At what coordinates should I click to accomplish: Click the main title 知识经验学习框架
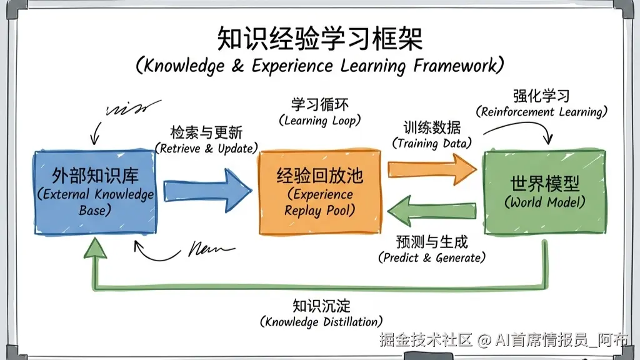point(319,39)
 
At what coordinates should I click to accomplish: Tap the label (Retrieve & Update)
point(206,149)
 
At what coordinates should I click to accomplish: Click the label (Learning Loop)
point(319,121)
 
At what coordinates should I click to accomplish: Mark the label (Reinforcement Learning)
point(541,112)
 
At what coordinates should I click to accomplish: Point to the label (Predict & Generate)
point(432,257)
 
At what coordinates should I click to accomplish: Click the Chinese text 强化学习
point(541,97)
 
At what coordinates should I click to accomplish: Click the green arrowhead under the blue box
point(95,248)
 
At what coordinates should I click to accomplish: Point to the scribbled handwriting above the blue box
point(128,107)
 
